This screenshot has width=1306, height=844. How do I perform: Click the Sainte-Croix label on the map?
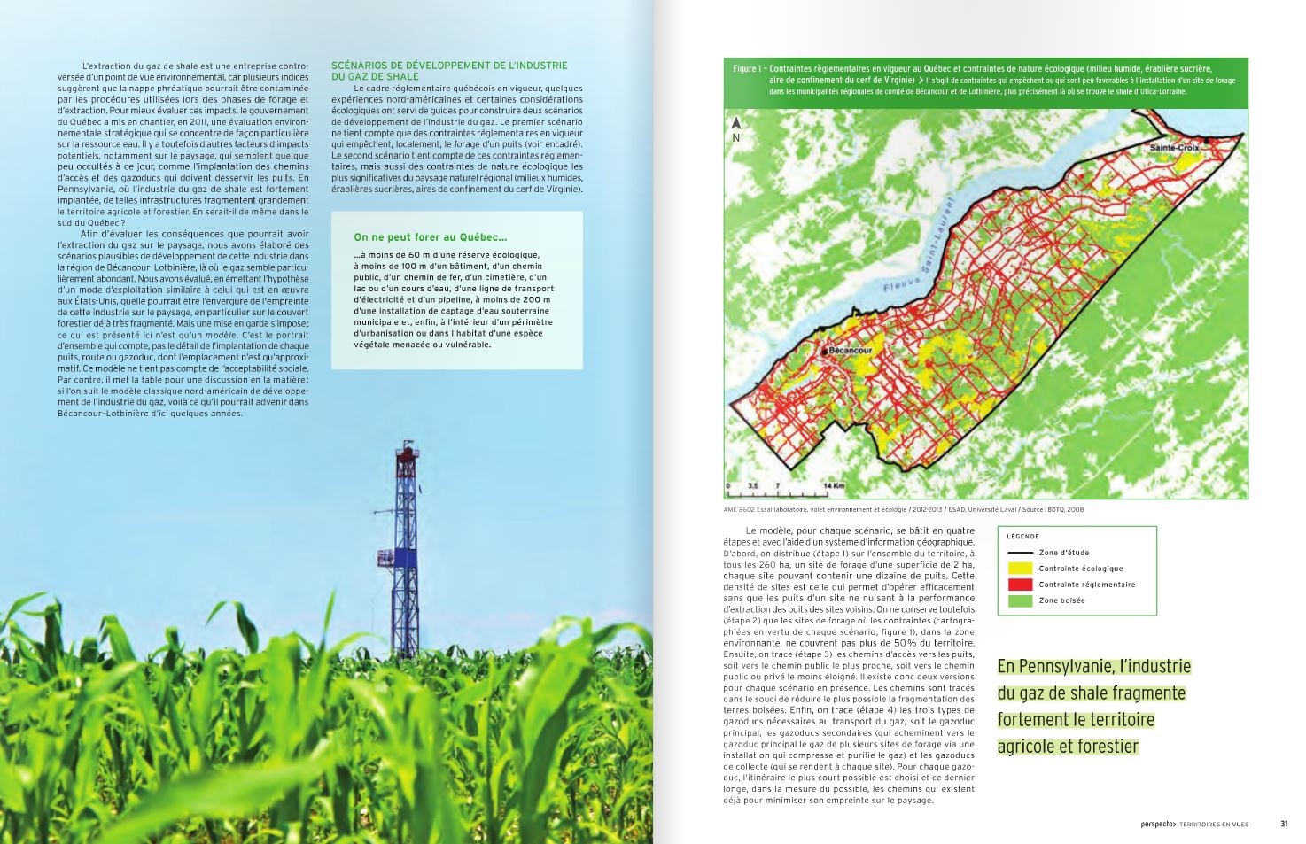tap(1174, 148)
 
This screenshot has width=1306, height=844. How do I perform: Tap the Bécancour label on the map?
tap(851, 351)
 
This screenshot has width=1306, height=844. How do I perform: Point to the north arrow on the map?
tap(735, 125)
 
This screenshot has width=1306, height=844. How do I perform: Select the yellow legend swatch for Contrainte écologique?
tap(1020, 569)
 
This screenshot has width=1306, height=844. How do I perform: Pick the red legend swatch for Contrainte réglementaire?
tap(1020, 585)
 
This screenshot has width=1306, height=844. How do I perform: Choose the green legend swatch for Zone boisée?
tap(1020, 600)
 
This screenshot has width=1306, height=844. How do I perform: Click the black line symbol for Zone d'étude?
tap(1020, 553)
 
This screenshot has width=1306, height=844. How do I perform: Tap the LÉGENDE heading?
tap(1022, 537)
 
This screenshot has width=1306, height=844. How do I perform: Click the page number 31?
tap(1284, 824)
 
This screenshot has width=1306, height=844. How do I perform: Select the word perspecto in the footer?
tap(1158, 824)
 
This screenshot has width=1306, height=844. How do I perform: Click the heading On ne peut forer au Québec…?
tap(431, 237)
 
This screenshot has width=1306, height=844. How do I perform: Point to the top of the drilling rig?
tap(406, 446)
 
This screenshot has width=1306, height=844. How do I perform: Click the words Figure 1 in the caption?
tap(748, 69)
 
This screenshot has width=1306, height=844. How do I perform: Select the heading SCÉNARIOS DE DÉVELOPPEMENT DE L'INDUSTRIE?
tap(449, 66)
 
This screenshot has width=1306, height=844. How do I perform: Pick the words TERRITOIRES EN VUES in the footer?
tap(1214, 824)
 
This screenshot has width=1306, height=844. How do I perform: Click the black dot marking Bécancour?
tap(825, 352)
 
